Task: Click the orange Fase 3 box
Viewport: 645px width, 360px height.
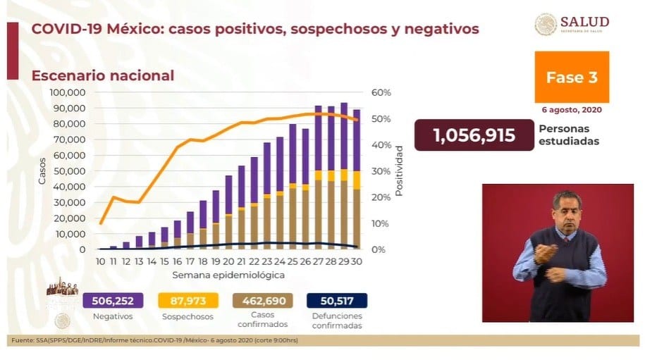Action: coord(571,77)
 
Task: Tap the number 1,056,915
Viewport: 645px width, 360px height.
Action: coord(465,135)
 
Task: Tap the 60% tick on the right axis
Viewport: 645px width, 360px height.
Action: coord(381,92)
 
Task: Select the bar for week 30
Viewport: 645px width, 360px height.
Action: coord(357,180)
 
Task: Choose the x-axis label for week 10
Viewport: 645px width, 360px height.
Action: coord(101,261)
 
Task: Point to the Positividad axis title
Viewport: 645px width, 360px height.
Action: coord(399,171)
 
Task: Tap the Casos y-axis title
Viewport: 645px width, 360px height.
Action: coord(42,171)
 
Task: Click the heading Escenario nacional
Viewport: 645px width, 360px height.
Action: coord(99,75)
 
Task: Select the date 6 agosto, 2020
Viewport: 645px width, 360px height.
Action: coord(572,111)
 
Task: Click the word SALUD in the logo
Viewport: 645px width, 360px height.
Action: coord(584,22)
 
